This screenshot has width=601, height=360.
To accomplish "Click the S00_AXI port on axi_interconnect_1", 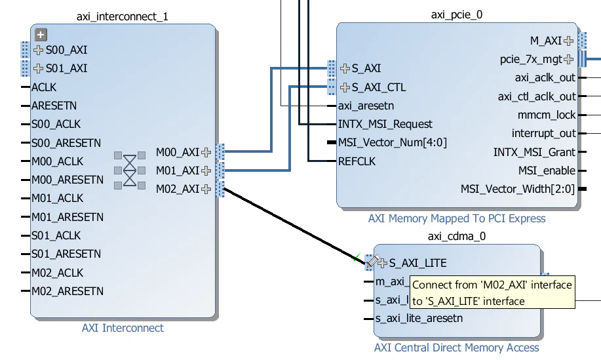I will [66, 50].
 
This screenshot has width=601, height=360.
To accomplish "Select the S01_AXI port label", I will [66, 68].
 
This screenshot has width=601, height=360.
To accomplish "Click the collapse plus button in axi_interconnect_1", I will [41, 35].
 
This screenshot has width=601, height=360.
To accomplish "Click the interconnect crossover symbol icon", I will [130, 170].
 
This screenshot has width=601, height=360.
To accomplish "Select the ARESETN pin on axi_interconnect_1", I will [54, 106].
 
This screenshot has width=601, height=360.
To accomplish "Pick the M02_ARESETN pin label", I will [67, 291].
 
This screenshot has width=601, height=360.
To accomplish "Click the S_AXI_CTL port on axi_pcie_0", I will [378, 87].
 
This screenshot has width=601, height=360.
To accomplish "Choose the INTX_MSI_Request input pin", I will [385, 124].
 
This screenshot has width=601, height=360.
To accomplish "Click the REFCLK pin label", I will [357, 161].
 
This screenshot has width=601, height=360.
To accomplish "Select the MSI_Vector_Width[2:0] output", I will [518, 190].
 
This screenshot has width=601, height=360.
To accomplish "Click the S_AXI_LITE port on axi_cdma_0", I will [417, 263].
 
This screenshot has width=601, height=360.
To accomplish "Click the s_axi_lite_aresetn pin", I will [419, 319].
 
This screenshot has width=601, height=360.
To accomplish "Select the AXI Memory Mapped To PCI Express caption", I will [457, 218].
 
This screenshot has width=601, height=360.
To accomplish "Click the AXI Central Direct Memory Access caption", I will [456, 348].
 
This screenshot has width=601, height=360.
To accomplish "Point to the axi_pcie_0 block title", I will [457, 14].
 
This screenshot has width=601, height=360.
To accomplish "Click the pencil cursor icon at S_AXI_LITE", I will [372, 262].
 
